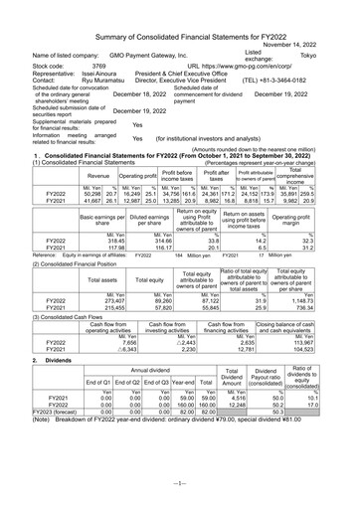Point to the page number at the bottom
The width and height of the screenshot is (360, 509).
coord(180,496)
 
